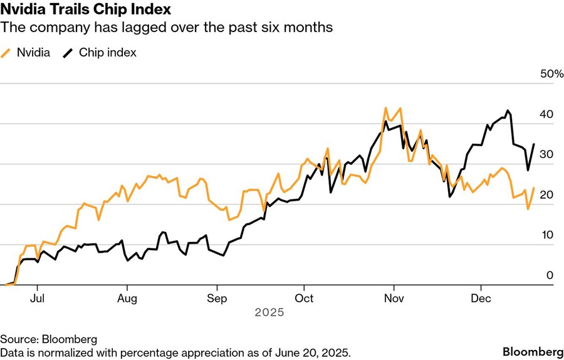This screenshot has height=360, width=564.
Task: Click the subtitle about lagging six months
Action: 166,28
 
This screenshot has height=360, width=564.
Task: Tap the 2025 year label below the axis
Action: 269,312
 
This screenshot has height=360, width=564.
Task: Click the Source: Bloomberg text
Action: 48,339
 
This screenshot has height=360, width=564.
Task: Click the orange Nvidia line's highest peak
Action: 385,108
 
